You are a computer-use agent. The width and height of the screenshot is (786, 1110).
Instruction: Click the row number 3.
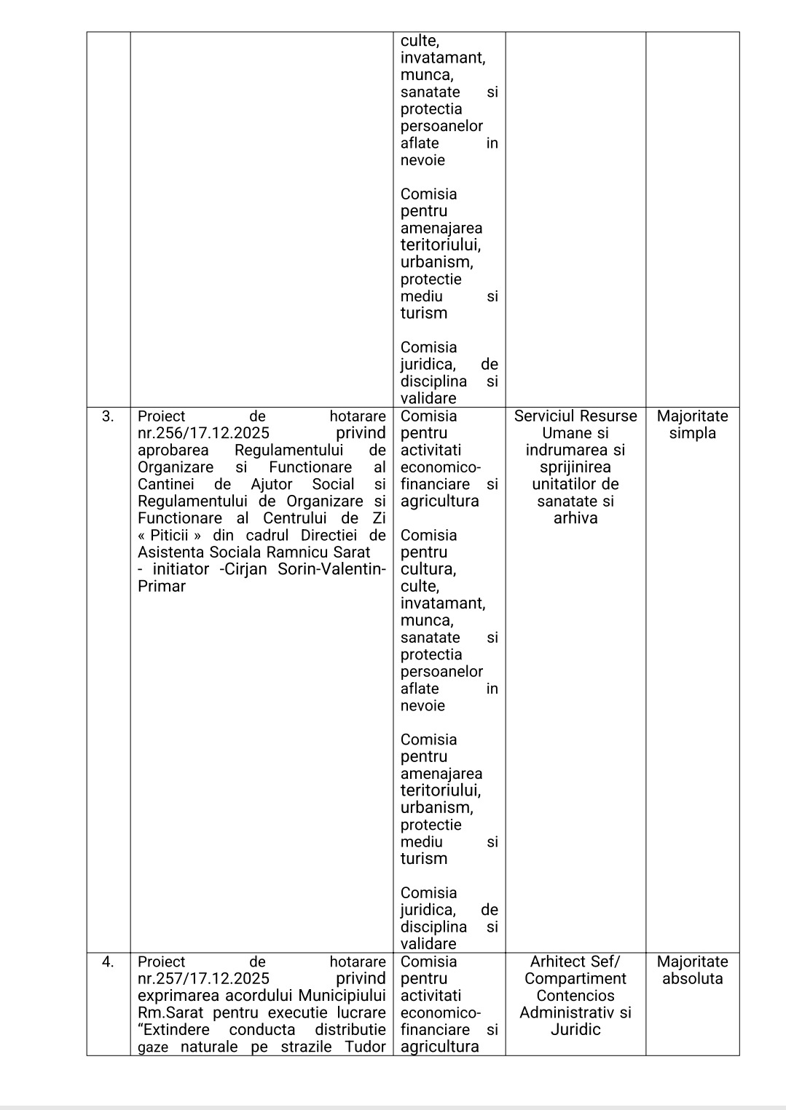coord(108,416)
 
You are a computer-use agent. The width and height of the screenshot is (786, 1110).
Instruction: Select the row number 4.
coord(108,962)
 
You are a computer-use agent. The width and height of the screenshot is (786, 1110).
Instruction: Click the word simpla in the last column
coord(692,433)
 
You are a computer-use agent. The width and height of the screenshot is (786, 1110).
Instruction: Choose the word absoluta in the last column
coord(692,979)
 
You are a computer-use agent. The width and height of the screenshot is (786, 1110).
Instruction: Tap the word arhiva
coord(575,518)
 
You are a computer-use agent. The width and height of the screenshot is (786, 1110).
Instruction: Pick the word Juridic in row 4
coord(575,1030)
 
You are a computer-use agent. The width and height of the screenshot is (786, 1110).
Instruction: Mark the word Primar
coord(162,587)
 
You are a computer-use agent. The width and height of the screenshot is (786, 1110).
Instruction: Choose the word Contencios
coord(575,996)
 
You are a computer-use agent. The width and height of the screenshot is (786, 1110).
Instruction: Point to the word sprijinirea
coord(575,467)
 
